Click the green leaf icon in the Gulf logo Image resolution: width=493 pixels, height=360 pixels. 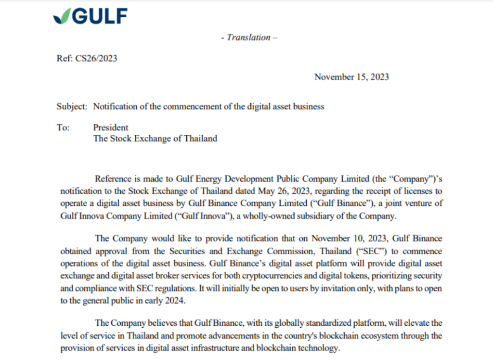click(x=62, y=17)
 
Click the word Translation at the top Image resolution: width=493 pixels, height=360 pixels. click(x=248, y=37)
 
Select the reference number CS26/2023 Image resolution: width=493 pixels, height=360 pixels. click(x=95, y=59)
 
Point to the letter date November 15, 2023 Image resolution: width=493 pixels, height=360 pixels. click(x=351, y=77)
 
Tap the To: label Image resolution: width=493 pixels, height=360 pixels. click(x=63, y=128)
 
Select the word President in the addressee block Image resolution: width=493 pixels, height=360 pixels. click(x=111, y=128)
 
